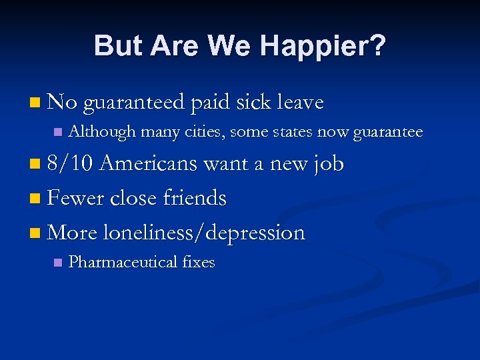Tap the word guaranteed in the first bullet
[134, 103]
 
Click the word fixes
[199, 262]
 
